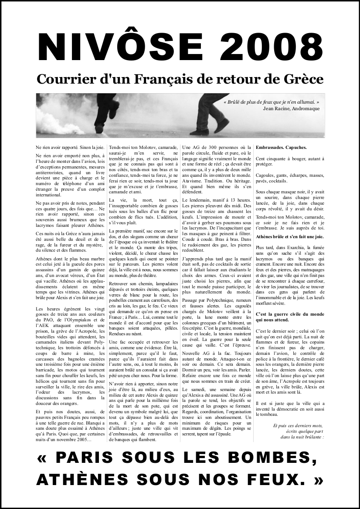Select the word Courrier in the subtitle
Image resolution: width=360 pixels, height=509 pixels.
[x=65, y=79]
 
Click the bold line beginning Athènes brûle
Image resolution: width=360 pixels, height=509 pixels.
[x=290, y=236]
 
